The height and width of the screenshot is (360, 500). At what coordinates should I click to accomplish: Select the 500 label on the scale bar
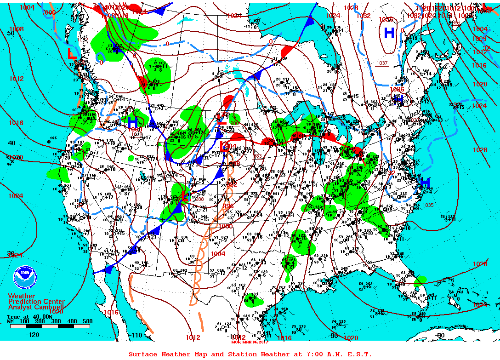click(87, 321)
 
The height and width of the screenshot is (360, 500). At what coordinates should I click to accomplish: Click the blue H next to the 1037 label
click(389, 33)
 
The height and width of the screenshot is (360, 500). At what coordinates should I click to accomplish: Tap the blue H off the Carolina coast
click(426, 183)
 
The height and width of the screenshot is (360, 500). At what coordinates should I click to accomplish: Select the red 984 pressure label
click(232, 147)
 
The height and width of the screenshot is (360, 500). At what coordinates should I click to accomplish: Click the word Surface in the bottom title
click(143, 354)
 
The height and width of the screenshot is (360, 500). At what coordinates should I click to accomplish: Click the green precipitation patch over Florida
click(420, 280)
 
